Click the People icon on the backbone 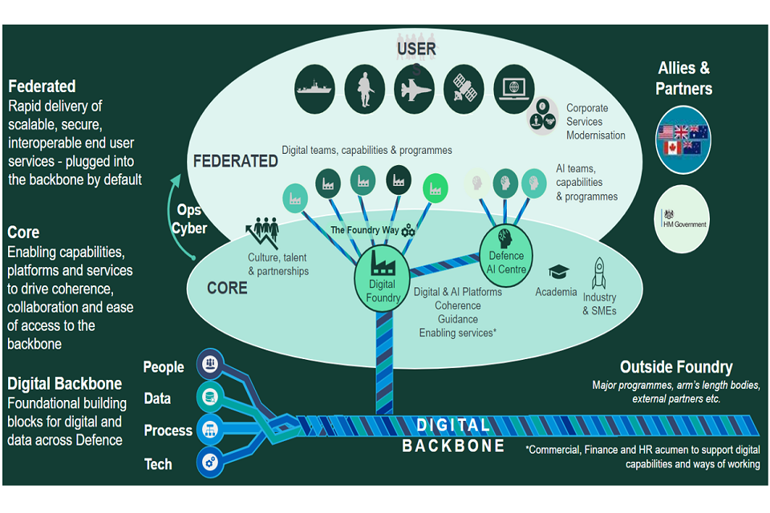click(x=211, y=365)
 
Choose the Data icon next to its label click(x=211, y=397)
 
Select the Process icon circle click(x=211, y=430)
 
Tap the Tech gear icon click(x=211, y=463)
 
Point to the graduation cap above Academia click(x=557, y=273)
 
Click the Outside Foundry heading click(x=675, y=367)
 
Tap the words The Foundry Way click(x=365, y=230)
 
